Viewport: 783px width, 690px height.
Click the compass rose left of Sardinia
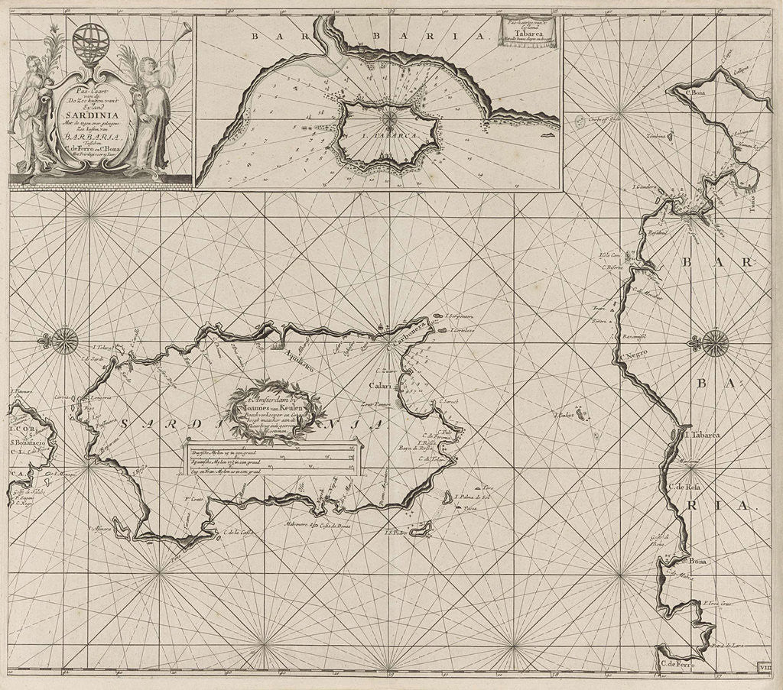(64, 338)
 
